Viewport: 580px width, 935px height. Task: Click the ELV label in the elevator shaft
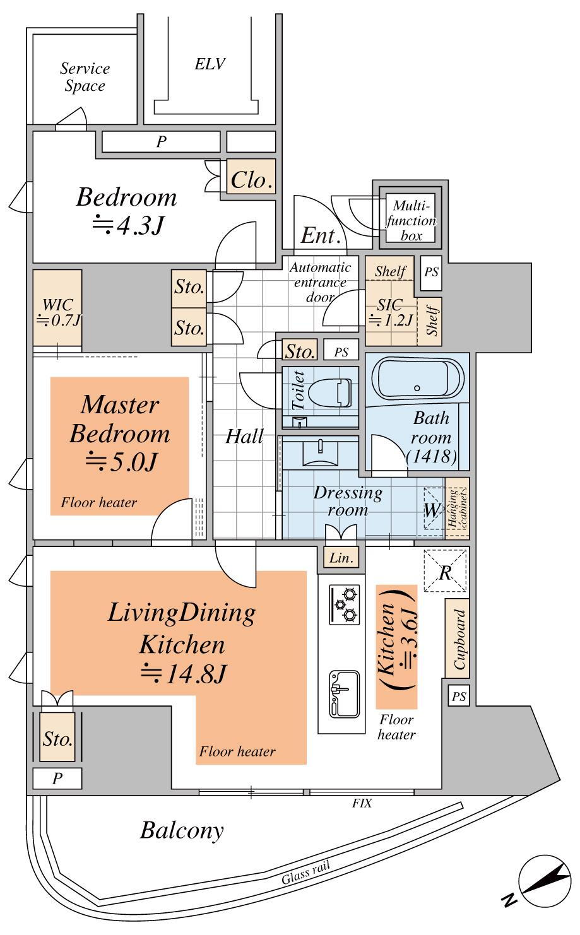pos(210,64)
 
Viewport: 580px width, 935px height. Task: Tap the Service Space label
pos(85,77)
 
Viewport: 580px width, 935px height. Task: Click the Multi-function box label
pos(411,220)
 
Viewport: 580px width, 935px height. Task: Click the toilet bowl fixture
pos(330,392)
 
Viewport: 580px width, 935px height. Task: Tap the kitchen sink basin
pos(344,695)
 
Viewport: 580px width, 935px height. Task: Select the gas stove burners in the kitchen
pos(345,605)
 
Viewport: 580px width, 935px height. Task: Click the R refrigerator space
pos(445,570)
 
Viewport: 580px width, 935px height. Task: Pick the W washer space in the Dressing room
pos(434,509)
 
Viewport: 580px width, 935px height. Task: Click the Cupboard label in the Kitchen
pos(458,638)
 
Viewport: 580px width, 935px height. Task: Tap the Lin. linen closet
pos(341,558)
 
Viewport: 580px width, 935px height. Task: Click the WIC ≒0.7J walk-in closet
pos(57,308)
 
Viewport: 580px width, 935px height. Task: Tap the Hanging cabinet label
pos(457,508)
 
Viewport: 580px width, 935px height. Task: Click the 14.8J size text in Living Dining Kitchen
pos(184,674)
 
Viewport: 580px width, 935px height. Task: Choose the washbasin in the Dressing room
pos(320,452)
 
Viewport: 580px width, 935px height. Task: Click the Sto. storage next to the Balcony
pos(57,739)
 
